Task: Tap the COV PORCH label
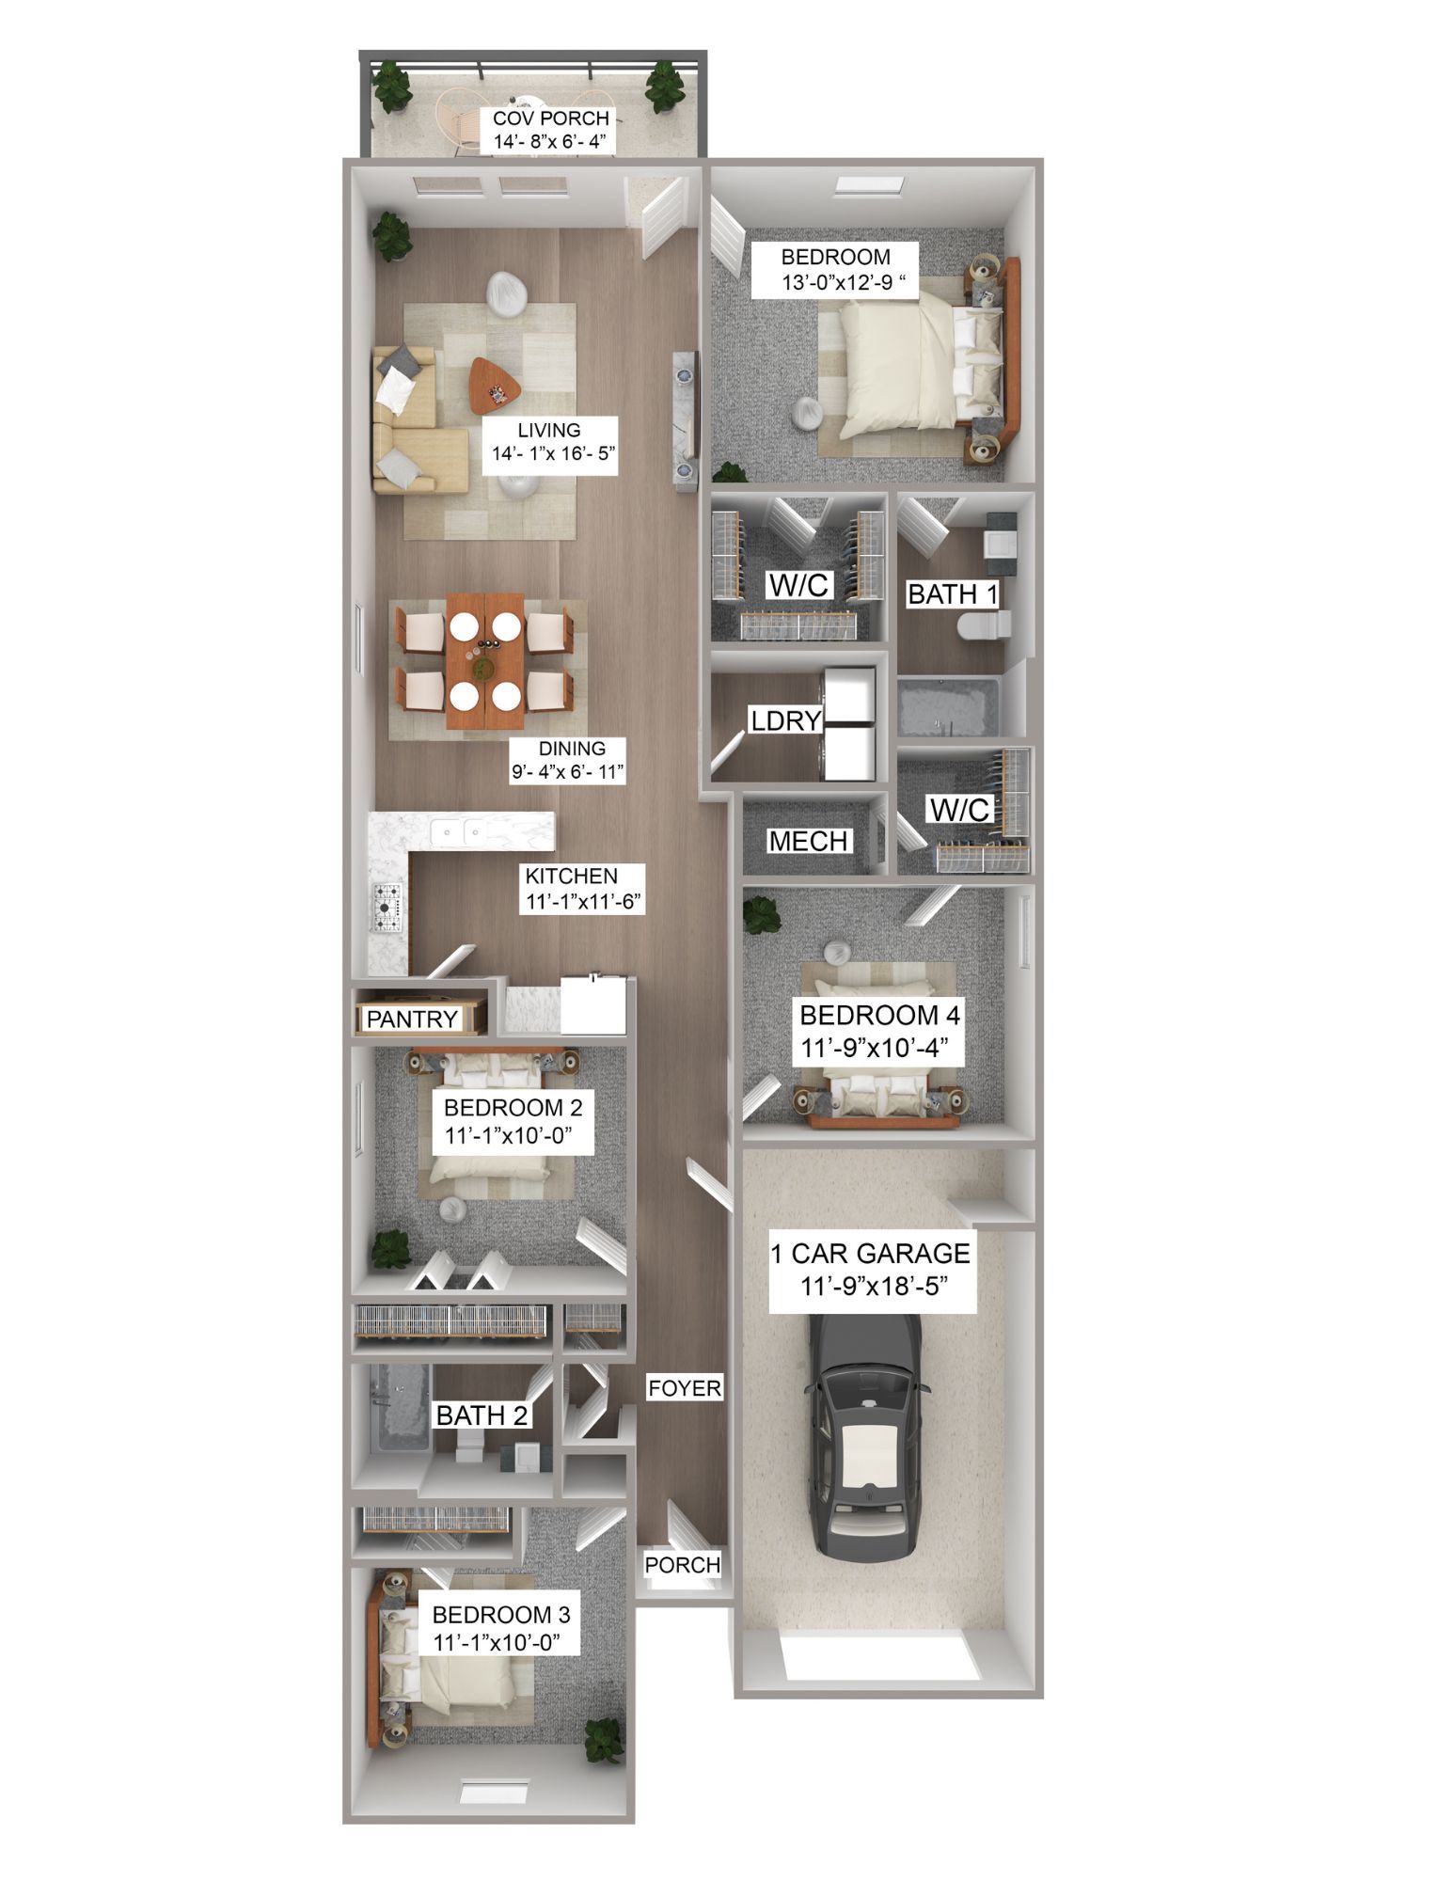[551, 119]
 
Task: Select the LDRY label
[785, 720]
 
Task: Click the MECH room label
[808, 841]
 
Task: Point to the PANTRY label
[412, 1019]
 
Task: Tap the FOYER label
[684, 1388]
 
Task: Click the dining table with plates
[485, 660]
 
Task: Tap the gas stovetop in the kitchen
[388, 904]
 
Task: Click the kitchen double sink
[458, 831]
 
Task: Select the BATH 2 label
[482, 1415]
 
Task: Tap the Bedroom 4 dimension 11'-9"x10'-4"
[878, 1046]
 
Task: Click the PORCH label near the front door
[682, 1565]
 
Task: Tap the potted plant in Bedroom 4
[760, 914]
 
